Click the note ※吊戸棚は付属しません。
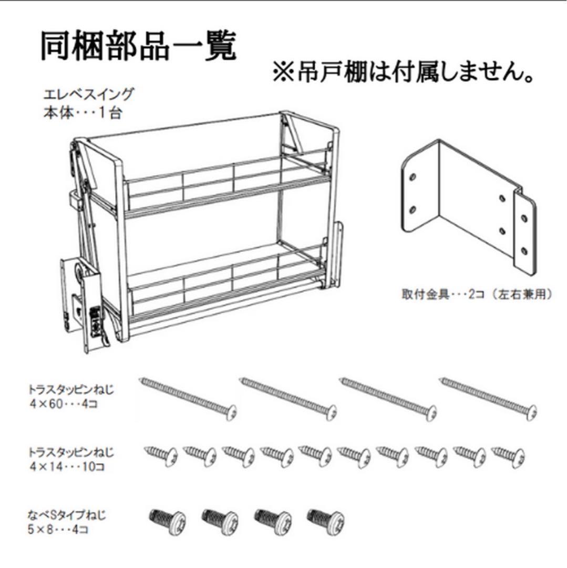coord(403,72)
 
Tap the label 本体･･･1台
coord(82,113)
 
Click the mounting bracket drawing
coord(467,208)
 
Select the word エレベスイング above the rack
coord(89,95)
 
